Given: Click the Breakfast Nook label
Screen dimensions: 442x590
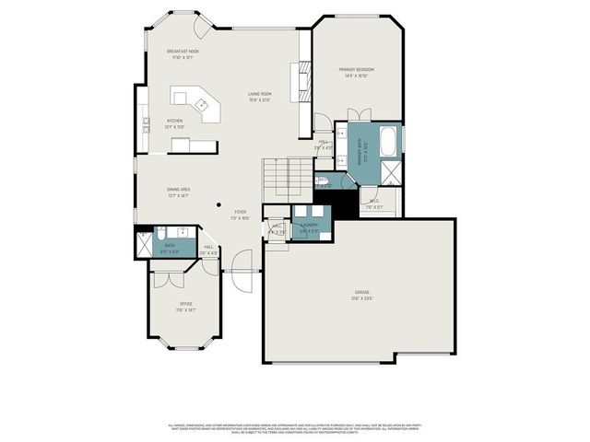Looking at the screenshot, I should coord(183,52).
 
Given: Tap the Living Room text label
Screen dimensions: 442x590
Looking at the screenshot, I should coord(259,94).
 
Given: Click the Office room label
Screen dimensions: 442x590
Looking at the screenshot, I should coord(185,304).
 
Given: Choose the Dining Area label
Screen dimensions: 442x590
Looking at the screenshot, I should coord(153,189).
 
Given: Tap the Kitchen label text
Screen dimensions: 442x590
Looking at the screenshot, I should coord(174,121).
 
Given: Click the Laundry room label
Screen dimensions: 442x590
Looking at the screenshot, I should coord(309,225).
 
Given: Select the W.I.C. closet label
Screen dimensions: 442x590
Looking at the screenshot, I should coord(374,201).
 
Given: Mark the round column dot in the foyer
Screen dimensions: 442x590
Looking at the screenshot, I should coord(218,204).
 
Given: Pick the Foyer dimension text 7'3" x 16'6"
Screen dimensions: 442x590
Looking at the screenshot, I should coord(240,218).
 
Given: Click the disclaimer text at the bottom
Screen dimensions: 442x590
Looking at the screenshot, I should coord(295,429).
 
